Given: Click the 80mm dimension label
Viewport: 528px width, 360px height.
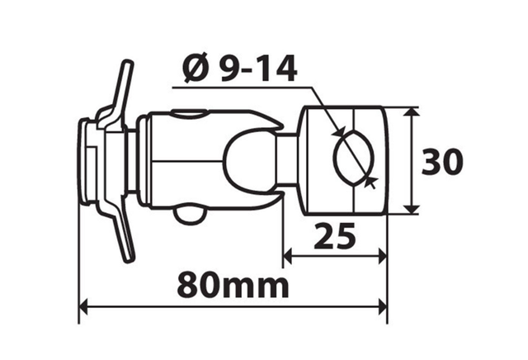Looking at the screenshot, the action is (233, 285).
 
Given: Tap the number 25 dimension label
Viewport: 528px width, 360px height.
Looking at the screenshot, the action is (334, 235).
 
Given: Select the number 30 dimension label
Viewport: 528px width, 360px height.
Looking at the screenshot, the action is (442, 162).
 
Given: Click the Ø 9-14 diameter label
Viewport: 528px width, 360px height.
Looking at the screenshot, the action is (239, 69).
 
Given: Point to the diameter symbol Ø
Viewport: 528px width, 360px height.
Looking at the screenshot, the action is (196, 69).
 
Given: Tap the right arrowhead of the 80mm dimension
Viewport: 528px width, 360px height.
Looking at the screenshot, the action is (383, 306).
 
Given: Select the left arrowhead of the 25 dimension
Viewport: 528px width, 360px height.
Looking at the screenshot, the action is (288, 257).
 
